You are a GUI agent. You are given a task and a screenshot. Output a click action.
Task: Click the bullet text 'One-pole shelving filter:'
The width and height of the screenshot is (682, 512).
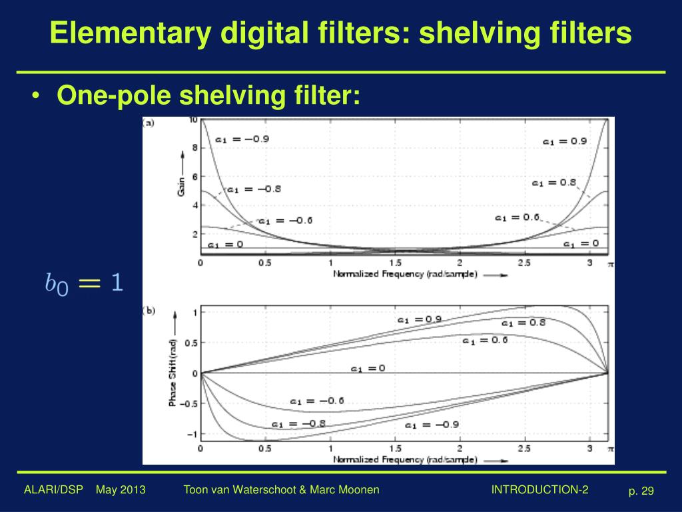(208, 96)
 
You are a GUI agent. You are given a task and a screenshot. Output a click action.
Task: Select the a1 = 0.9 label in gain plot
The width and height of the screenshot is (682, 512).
(565, 141)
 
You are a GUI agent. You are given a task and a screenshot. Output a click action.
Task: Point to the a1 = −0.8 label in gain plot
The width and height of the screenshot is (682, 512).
(254, 189)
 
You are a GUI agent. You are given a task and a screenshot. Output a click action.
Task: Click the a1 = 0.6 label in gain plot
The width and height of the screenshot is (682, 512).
(517, 217)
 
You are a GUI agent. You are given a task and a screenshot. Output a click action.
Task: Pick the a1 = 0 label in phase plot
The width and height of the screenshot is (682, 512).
(368, 368)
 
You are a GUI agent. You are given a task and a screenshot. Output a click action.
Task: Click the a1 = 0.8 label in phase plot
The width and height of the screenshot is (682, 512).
(523, 323)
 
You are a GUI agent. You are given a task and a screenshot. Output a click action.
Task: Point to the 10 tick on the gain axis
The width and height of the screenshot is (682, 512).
(193, 120)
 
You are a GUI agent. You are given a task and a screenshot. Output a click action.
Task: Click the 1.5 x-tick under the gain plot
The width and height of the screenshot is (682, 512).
(395, 263)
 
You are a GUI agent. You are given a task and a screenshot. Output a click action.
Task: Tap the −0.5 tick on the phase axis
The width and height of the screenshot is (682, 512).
(189, 404)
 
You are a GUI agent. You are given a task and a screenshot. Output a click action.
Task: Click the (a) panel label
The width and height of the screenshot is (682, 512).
(149, 122)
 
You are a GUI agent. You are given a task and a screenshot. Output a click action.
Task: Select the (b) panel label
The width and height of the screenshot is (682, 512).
(149, 310)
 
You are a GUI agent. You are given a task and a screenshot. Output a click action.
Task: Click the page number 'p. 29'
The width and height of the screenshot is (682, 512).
(641, 491)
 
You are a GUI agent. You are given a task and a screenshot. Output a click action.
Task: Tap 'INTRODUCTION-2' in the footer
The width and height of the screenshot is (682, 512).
(539, 490)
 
